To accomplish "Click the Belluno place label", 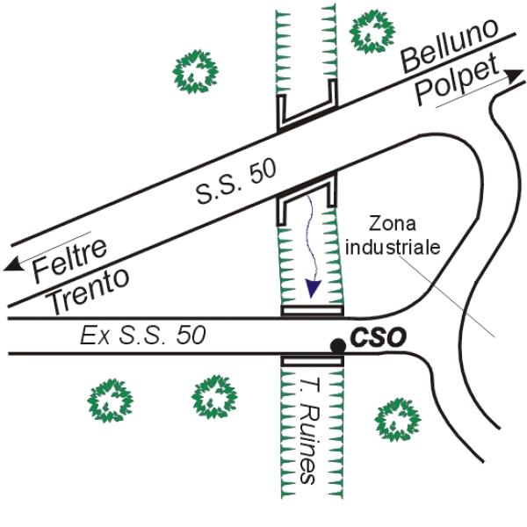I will tap(444, 47).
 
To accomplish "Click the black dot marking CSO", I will tap(336, 345).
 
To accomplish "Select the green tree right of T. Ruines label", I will tap(394, 416).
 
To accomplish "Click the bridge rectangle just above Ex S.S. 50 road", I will tap(311, 310).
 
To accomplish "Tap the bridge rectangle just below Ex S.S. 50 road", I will tap(311, 361).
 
